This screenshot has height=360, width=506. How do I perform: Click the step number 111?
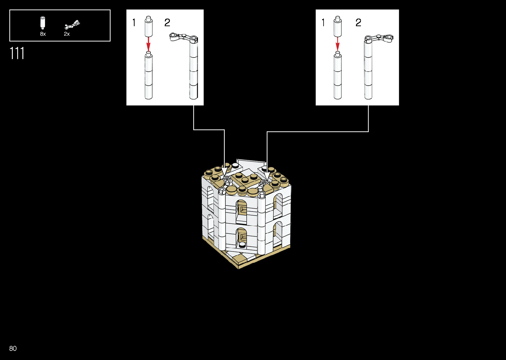pos(17,53)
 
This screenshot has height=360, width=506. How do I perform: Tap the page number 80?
pos(13,348)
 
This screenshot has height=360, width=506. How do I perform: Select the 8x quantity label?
pos(43,34)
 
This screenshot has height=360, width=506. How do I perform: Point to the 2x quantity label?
pos(67,34)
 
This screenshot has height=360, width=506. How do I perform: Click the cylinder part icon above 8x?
pos(43,22)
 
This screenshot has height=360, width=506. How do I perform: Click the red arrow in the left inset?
pos(148,43)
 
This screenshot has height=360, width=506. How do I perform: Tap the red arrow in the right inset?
pos(337,44)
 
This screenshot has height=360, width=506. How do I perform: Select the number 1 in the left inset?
pos(134,22)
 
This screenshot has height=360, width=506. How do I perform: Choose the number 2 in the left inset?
pos(167,22)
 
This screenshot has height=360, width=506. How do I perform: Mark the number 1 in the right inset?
pos(323,22)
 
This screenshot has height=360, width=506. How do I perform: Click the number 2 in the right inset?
pos(358,22)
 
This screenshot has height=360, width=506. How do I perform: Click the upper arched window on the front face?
pos(242,211)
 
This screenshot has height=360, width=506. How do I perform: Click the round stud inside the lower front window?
pos(242,245)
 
